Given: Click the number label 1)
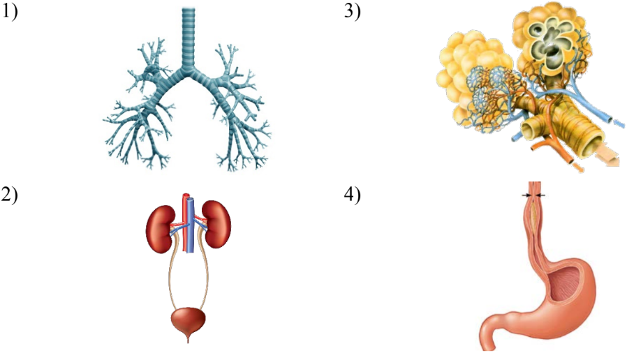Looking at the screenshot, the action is [9, 12].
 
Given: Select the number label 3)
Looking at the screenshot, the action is [353, 12].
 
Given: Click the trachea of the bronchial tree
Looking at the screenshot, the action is [188, 38].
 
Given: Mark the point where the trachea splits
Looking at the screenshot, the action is [189, 72].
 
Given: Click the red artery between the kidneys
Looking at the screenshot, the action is [185, 223].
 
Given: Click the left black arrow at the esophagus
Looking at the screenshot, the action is [526, 195].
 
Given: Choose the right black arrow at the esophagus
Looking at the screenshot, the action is [540, 195].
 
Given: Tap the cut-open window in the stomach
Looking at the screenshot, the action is [565, 285].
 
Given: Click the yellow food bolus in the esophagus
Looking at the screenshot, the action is [533, 216].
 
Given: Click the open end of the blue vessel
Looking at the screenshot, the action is [607, 119].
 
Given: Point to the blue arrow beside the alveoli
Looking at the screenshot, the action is [619, 124].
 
